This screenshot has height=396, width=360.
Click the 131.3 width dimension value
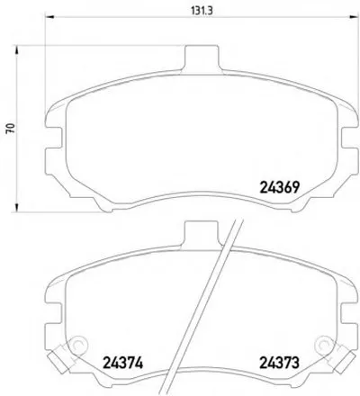tap(202, 11)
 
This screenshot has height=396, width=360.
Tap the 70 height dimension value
tap(11, 128)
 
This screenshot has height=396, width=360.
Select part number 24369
tap(280, 188)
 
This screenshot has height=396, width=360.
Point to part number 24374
tap(122, 364)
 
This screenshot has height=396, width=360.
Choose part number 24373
tap(280, 363)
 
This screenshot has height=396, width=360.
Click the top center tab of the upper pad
tap(202, 58)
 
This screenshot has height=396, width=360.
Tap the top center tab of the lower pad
tap(202, 235)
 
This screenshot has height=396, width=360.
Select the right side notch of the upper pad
tap(349, 138)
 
